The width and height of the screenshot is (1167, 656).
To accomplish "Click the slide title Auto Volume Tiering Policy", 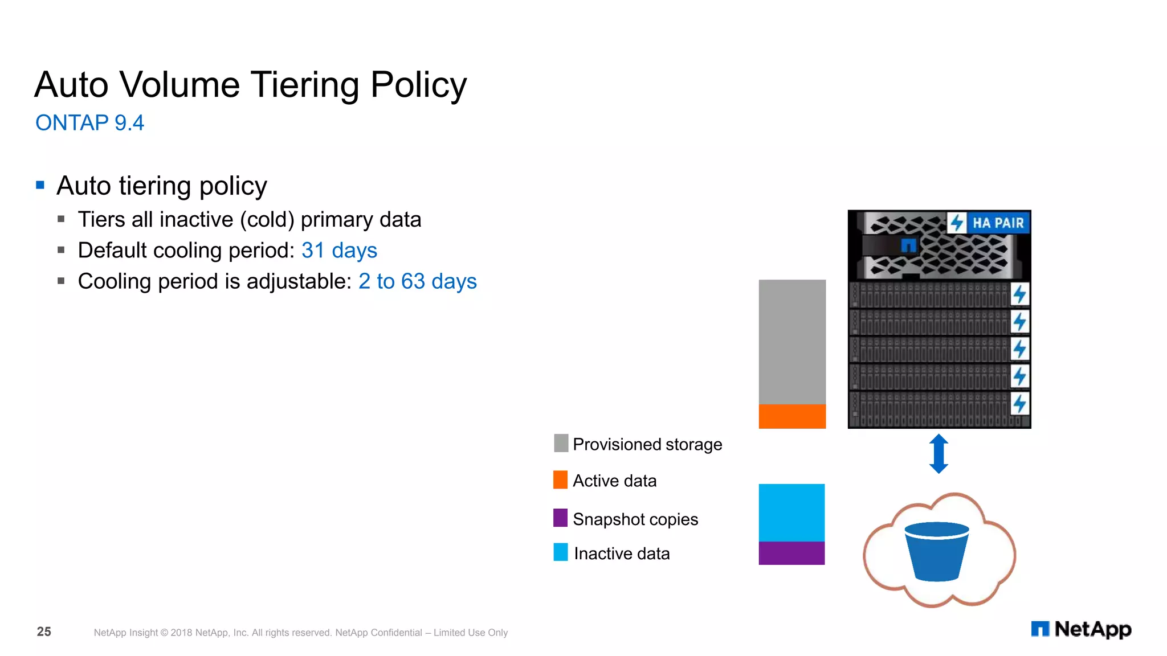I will (250, 85).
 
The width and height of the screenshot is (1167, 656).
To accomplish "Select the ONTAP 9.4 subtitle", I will (89, 123).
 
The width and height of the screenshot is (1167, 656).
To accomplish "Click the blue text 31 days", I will (339, 251).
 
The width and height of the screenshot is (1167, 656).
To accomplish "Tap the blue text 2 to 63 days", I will (417, 281).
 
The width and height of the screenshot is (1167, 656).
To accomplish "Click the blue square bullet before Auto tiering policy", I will (40, 185).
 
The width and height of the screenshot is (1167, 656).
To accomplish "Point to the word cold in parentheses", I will (267, 220).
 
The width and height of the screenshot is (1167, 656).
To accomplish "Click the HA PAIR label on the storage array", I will (998, 223).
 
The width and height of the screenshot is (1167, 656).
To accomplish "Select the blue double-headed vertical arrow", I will (939, 454).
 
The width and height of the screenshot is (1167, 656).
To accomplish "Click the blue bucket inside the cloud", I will (937, 551).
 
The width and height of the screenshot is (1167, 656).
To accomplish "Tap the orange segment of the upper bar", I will (792, 416).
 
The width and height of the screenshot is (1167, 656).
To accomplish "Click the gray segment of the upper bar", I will (792, 342).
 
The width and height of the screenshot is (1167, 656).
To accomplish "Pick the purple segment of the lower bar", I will (791, 553).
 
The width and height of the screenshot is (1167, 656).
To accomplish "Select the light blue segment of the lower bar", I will (791, 512).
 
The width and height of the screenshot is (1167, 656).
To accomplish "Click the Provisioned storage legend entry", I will (647, 444).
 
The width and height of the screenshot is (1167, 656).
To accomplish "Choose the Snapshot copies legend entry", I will (635, 519).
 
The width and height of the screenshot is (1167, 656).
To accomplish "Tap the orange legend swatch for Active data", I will (560, 480).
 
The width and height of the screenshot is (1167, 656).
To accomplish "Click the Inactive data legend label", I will (622, 553).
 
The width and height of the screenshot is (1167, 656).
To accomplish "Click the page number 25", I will (44, 632).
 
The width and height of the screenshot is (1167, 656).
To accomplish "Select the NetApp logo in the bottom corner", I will (1081, 629).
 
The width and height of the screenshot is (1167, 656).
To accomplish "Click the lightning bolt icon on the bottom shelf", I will (1019, 404).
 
